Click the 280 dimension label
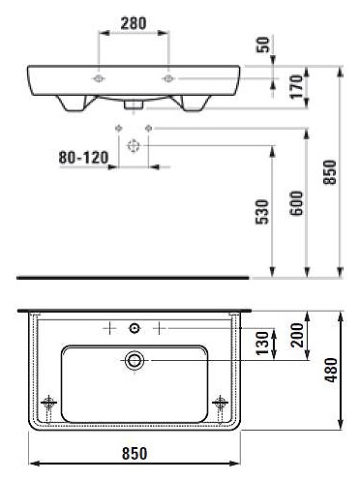134,23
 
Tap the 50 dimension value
263,45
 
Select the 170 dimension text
296,86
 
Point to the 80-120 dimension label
83,158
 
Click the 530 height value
262,212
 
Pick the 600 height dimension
297,203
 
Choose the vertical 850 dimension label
330,172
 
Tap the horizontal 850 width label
135,454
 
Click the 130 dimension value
262,343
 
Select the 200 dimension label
297,335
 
